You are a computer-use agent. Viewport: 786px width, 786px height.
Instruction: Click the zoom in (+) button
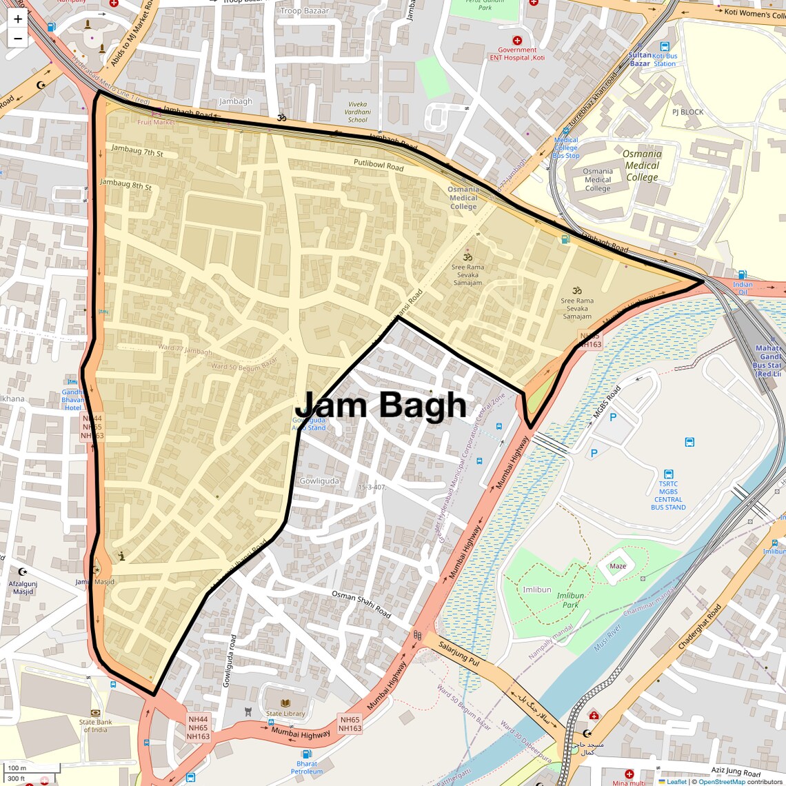17,19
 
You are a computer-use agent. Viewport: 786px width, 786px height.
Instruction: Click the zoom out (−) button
17,39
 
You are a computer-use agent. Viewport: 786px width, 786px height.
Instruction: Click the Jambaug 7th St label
137,150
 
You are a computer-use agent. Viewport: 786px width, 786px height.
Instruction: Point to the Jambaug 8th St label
125,184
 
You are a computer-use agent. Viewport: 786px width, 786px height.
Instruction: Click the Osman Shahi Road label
361,604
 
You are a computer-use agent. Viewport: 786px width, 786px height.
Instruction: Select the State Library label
285,714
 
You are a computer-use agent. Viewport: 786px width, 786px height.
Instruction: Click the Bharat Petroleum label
307,767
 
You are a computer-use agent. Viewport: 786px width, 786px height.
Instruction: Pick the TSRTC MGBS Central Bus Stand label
667,496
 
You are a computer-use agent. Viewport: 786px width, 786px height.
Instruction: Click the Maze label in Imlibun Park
618,566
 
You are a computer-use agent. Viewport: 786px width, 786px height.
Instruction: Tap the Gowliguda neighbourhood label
319,481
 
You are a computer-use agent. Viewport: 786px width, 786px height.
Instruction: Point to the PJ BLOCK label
687,112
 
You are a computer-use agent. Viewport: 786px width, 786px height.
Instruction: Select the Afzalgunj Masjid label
23,587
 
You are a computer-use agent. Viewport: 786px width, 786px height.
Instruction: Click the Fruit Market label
156,122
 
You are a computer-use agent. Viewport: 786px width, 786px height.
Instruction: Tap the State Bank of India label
95,726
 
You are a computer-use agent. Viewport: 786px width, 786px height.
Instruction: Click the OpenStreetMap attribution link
721,781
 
